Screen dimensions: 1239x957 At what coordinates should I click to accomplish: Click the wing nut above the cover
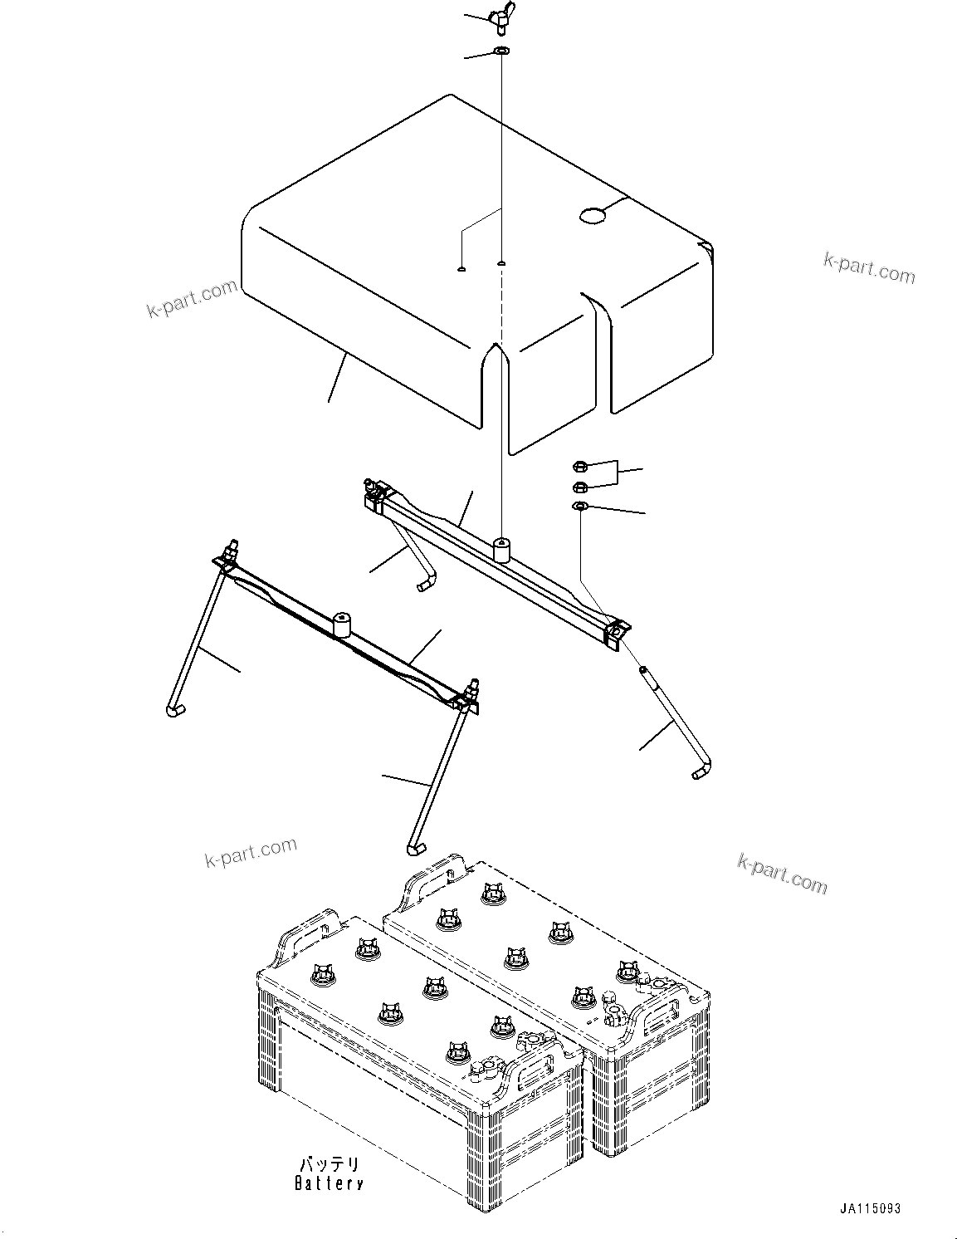coord(503,21)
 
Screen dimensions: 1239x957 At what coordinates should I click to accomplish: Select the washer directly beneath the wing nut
coord(502,52)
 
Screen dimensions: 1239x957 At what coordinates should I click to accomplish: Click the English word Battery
coord(329,1183)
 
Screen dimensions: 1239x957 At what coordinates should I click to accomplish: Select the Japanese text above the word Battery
coord(330,1164)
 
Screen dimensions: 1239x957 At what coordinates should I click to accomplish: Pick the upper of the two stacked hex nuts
coord(580,467)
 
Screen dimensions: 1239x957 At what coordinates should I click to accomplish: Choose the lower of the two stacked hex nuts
coord(580,486)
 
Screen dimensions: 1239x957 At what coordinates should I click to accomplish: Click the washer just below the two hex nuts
coord(579,507)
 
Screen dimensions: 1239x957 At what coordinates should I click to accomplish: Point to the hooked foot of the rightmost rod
coord(701,771)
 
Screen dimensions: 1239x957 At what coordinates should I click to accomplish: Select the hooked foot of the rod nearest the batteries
coord(415,847)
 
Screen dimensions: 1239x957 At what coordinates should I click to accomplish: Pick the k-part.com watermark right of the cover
coord(869,267)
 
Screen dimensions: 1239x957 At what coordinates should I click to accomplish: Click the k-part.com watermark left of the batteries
coord(250,852)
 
